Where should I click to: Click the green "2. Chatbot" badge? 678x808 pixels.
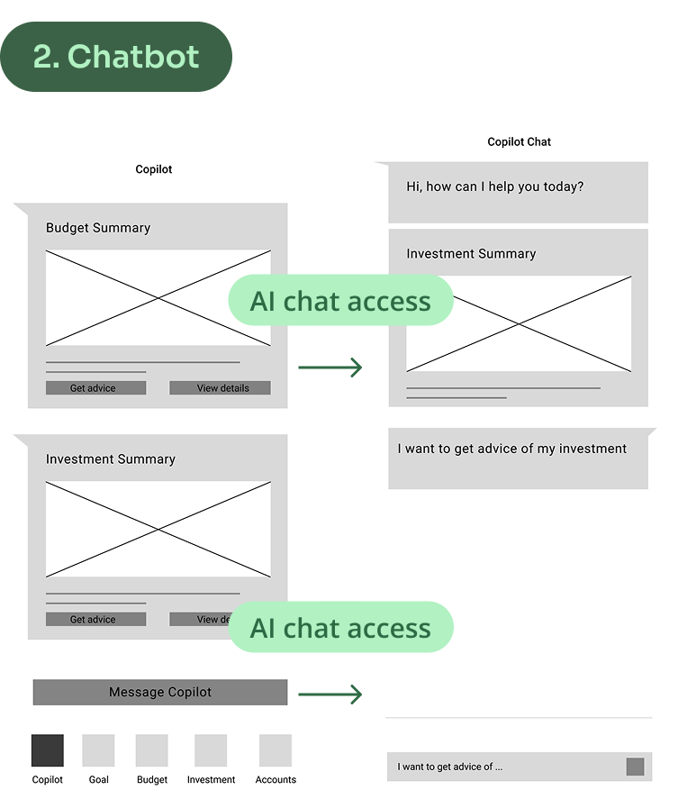pyautogui.click(x=115, y=57)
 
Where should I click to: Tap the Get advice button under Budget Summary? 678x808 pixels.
pyautogui.click(x=95, y=388)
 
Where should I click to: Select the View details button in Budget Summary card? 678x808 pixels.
pyautogui.click(x=220, y=388)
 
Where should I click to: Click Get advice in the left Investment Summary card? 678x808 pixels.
pyautogui.click(x=95, y=620)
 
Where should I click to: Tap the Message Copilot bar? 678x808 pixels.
pyautogui.click(x=160, y=692)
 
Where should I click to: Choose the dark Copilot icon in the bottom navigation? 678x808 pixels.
pyautogui.click(x=48, y=750)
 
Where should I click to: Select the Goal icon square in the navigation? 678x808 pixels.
pyautogui.click(x=98, y=750)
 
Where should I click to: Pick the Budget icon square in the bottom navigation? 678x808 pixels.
pyautogui.click(x=152, y=750)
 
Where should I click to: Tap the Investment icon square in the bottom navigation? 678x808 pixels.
pyautogui.click(x=211, y=750)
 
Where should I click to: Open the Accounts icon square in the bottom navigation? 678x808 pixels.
pyautogui.click(x=276, y=750)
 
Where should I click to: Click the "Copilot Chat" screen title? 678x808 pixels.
pyautogui.click(x=519, y=141)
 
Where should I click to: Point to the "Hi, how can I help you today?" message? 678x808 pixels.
pyautogui.click(x=495, y=187)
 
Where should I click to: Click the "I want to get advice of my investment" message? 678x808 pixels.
pyautogui.click(x=512, y=449)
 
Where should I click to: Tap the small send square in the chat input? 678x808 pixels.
pyautogui.click(x=635, y=767)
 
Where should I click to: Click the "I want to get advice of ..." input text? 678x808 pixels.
pyautogui.click(x=450, y=767)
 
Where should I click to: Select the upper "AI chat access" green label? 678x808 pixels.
pyautogui.click(x=340, y=301)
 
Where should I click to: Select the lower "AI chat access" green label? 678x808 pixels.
pyautogui.click(x=340, y=628)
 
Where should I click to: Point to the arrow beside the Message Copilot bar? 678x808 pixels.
pyautogui.click(x=330, y=695)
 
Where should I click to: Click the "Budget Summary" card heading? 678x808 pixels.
pyautogui.click(x=98, y=228)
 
